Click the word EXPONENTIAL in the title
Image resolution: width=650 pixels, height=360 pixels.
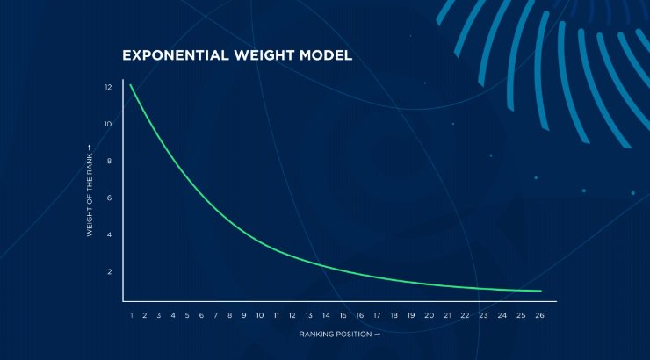click(176, 55)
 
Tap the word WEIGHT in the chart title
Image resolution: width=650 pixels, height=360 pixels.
click(264, 55)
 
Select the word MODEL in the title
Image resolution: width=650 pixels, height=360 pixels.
click(326, 55)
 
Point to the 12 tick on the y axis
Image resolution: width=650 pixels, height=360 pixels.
click(108, 87)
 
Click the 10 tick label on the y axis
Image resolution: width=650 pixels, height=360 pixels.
click(108, 124)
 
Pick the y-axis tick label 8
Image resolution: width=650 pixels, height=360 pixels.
click(110, 161)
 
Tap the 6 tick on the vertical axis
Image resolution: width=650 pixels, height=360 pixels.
click(110, 198)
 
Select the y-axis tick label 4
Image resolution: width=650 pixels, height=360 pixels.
click(110, 234)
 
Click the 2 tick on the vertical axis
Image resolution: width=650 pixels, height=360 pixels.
click(110, 272)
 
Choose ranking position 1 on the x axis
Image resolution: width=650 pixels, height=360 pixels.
click(132, 315)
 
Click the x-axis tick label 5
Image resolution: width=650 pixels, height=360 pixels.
click(187, 315)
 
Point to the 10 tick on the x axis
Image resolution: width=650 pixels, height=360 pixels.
click(260, 315)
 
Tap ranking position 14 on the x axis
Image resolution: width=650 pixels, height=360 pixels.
click(326, 315)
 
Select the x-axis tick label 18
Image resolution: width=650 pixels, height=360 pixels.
click(394, 315)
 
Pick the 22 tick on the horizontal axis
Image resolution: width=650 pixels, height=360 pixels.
click(466, 315)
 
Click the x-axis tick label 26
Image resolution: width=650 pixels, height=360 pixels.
click(539, 315)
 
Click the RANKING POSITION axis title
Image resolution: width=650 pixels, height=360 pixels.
click(340, 334)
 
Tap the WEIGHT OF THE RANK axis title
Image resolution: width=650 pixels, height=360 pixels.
click(90, 191)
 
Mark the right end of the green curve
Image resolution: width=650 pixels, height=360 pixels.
click(541, 291)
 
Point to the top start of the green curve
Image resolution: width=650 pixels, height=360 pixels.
click(130, 85)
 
